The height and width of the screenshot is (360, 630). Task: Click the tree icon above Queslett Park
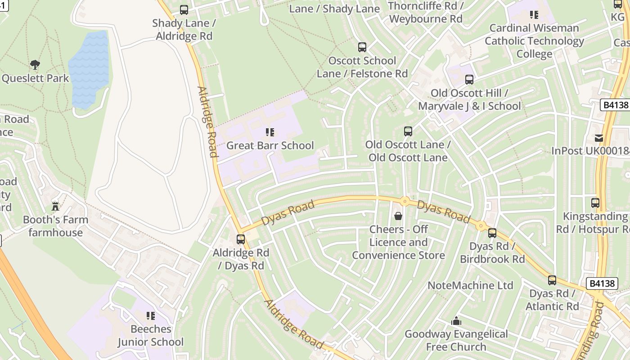35,65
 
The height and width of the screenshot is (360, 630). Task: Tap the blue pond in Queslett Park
89,70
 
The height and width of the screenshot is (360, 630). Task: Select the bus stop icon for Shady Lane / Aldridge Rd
184,9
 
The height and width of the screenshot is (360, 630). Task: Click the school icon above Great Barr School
270,132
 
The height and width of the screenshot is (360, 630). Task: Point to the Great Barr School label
270,145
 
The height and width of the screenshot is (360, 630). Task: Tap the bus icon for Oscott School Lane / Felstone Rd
362,47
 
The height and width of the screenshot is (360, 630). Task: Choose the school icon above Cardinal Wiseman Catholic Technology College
534,14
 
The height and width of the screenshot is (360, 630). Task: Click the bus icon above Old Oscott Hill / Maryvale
469,80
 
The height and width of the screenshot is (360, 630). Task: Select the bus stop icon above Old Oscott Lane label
408,131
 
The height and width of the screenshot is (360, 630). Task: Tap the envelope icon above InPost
599,138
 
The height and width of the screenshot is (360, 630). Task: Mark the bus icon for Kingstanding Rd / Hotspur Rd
595,203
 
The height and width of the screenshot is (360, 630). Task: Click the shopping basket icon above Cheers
398,216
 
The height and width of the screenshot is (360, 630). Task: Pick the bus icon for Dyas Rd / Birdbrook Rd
492,233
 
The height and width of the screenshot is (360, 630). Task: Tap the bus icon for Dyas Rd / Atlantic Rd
552,280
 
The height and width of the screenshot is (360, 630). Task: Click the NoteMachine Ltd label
470,285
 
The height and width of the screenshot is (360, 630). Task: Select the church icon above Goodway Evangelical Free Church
456,321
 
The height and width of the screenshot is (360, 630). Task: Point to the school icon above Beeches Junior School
151,316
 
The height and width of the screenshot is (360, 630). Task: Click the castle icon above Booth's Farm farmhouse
55,206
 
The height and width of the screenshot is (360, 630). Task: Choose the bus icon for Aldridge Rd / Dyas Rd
241,239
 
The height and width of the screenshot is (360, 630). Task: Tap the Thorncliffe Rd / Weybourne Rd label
426,13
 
